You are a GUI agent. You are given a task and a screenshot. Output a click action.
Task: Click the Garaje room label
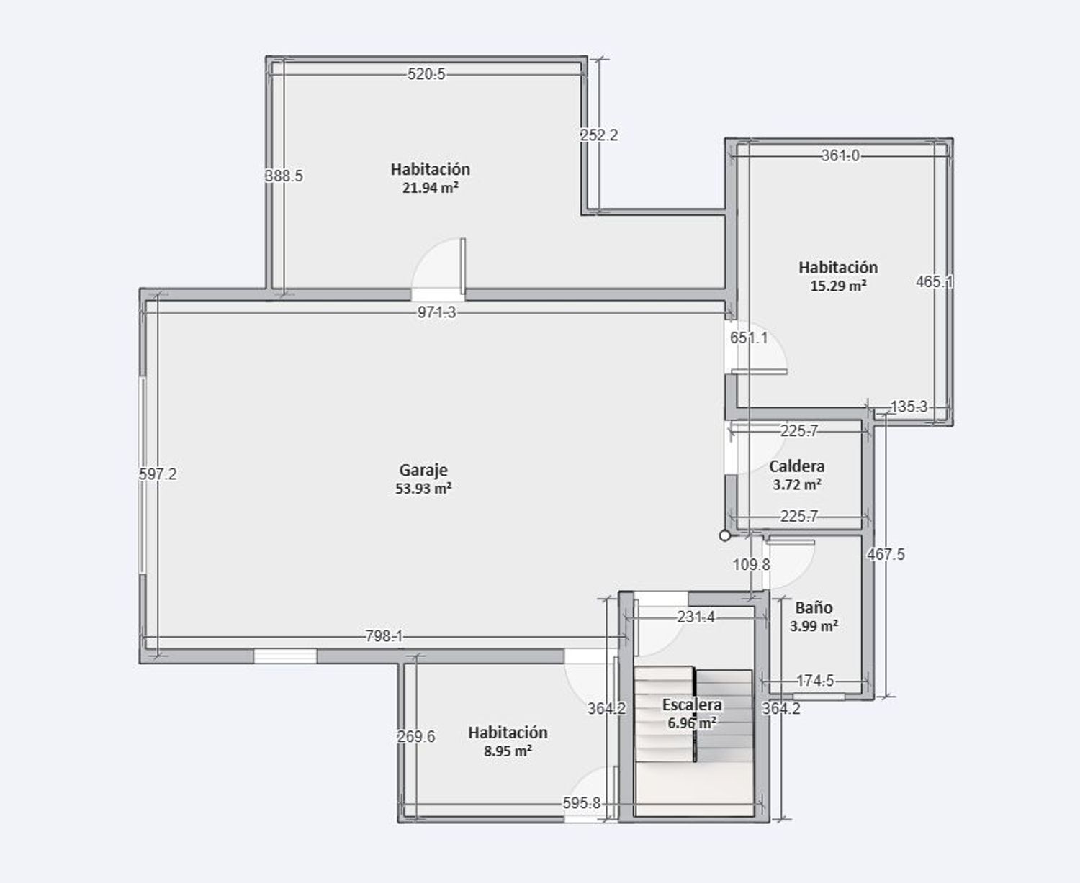423,470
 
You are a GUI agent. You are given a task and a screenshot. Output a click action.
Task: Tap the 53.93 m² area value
423,488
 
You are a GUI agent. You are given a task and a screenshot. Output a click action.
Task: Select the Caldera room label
796,466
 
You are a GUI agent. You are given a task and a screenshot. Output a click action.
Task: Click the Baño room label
814,607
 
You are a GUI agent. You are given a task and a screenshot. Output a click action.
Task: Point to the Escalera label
692,705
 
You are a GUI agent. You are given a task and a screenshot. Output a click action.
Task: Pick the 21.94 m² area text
430,188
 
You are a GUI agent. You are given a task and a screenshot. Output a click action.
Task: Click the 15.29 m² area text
838,286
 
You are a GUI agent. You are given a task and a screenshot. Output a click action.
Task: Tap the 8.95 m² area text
508,751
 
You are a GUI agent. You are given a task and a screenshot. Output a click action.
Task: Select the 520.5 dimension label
426,73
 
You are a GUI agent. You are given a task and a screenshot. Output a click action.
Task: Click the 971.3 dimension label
436,312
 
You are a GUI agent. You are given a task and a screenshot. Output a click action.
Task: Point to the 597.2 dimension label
158,474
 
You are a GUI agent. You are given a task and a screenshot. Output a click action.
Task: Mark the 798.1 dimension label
384,636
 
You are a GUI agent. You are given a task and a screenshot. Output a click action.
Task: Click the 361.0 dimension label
840,155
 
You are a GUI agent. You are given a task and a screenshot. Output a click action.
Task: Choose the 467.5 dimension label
886,554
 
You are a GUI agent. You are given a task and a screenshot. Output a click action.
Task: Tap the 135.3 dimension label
909,407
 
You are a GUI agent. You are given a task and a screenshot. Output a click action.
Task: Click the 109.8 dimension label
751,565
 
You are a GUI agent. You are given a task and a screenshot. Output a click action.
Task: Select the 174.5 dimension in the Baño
815,680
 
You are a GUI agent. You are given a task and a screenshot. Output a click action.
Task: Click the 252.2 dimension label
599,135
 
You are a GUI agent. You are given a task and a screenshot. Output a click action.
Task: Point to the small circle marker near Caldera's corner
725,535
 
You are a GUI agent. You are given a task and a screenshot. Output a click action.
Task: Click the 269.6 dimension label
416,736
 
